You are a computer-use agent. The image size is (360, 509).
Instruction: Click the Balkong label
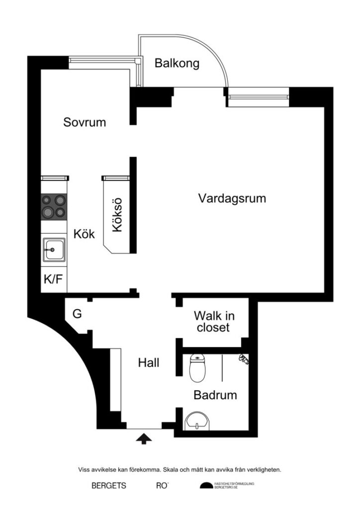tap(177, 64)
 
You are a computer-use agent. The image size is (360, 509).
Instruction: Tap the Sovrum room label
tap(85, 122)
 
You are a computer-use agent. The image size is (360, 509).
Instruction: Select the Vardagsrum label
tap(232, 198)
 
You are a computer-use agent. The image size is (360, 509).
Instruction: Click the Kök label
tap(85, 234)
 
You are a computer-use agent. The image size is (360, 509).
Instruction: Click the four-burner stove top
tap(53, 206)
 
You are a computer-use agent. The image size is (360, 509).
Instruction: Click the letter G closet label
tap(77, 314)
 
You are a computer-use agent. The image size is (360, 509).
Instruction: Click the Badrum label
tap(215, 396)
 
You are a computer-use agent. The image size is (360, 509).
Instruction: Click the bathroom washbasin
tap(197, 423)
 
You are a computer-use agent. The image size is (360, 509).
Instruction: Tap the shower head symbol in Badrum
tap(243, 358)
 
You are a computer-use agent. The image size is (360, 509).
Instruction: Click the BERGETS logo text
tap(109, 486)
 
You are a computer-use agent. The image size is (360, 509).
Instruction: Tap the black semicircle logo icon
tap(206, 486)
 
